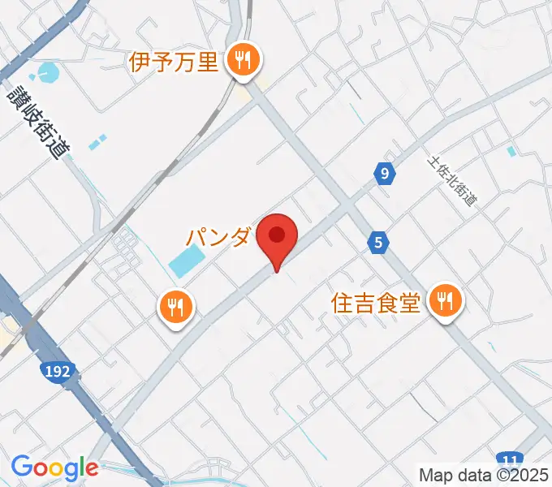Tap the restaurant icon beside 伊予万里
point(242,59)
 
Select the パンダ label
point(217,237)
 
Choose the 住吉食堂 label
point(376,303)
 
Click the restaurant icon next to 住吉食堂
point(444,302)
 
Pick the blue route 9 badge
point(385,173)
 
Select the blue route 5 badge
point(377,240)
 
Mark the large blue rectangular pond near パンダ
point(187,261)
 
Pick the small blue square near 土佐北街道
point(511,150)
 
